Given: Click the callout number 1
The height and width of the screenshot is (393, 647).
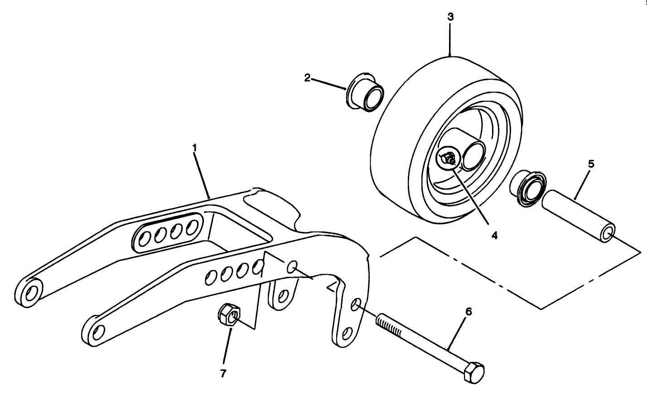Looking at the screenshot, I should (194, 148).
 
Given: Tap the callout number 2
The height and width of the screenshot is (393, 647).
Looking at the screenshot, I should (307, 79).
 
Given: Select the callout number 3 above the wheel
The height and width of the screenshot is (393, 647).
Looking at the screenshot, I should (450, 18).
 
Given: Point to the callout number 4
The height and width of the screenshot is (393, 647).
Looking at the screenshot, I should (494, 236).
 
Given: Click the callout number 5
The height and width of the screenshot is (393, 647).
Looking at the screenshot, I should (591, 164).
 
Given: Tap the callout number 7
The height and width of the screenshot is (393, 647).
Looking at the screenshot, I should (223, 373).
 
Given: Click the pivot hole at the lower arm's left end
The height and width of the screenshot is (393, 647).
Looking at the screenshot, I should (96, 334).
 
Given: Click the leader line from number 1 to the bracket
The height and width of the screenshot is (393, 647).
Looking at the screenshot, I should (202, 175).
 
